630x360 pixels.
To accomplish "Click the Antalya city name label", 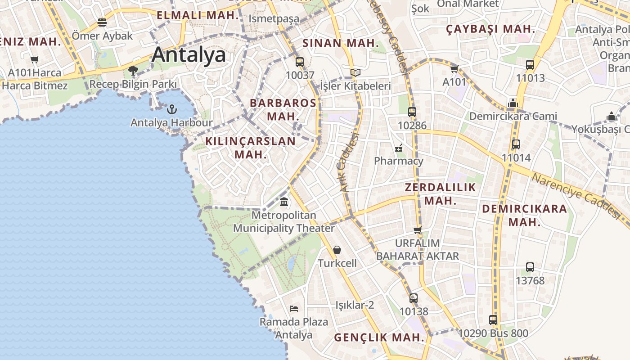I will (x=189, y=55).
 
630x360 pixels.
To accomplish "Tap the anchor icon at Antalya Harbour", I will (x=171, y=109).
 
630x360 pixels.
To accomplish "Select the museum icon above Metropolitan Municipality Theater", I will (x=284, y=202).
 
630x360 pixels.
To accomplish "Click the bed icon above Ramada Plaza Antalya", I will (x=294, y=308).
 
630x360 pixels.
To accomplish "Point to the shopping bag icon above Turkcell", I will (x=337, y=250).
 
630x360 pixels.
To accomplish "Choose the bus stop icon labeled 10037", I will (x=300, y=62).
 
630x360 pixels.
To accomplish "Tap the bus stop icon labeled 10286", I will (x=412, y=112).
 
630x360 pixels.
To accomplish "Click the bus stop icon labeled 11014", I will (x=516, y=144).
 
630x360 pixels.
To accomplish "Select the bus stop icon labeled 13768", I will (x=530, y=267).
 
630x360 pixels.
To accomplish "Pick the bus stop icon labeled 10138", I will (x=414, y=298).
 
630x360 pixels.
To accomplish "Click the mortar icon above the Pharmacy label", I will (x=399, y=148).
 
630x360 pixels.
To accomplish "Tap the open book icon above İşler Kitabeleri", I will (x=355, y=72).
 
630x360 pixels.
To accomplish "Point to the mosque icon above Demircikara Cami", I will (x=513, y=103).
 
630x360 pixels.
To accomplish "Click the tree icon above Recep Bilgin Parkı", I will (x=133, y=70).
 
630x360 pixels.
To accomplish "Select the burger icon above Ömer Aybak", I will (x=102, y=22).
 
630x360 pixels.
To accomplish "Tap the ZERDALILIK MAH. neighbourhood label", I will (x=440, y=194).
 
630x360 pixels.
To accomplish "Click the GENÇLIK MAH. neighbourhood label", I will (x=379, y=337).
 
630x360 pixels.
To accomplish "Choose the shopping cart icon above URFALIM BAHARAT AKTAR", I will (x=418, y=230).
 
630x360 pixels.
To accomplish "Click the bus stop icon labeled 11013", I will (x=530, y=65).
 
